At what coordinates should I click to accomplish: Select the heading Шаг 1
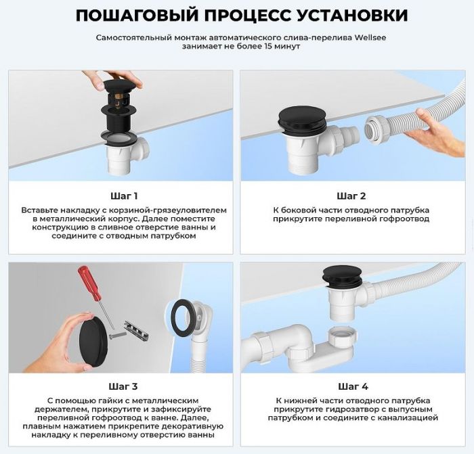(x=124, y=196)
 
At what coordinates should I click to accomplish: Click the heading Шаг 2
(x=351, y=196)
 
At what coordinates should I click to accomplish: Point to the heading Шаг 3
(x=124, y=386)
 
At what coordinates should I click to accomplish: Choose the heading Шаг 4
(x=351, y=386)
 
